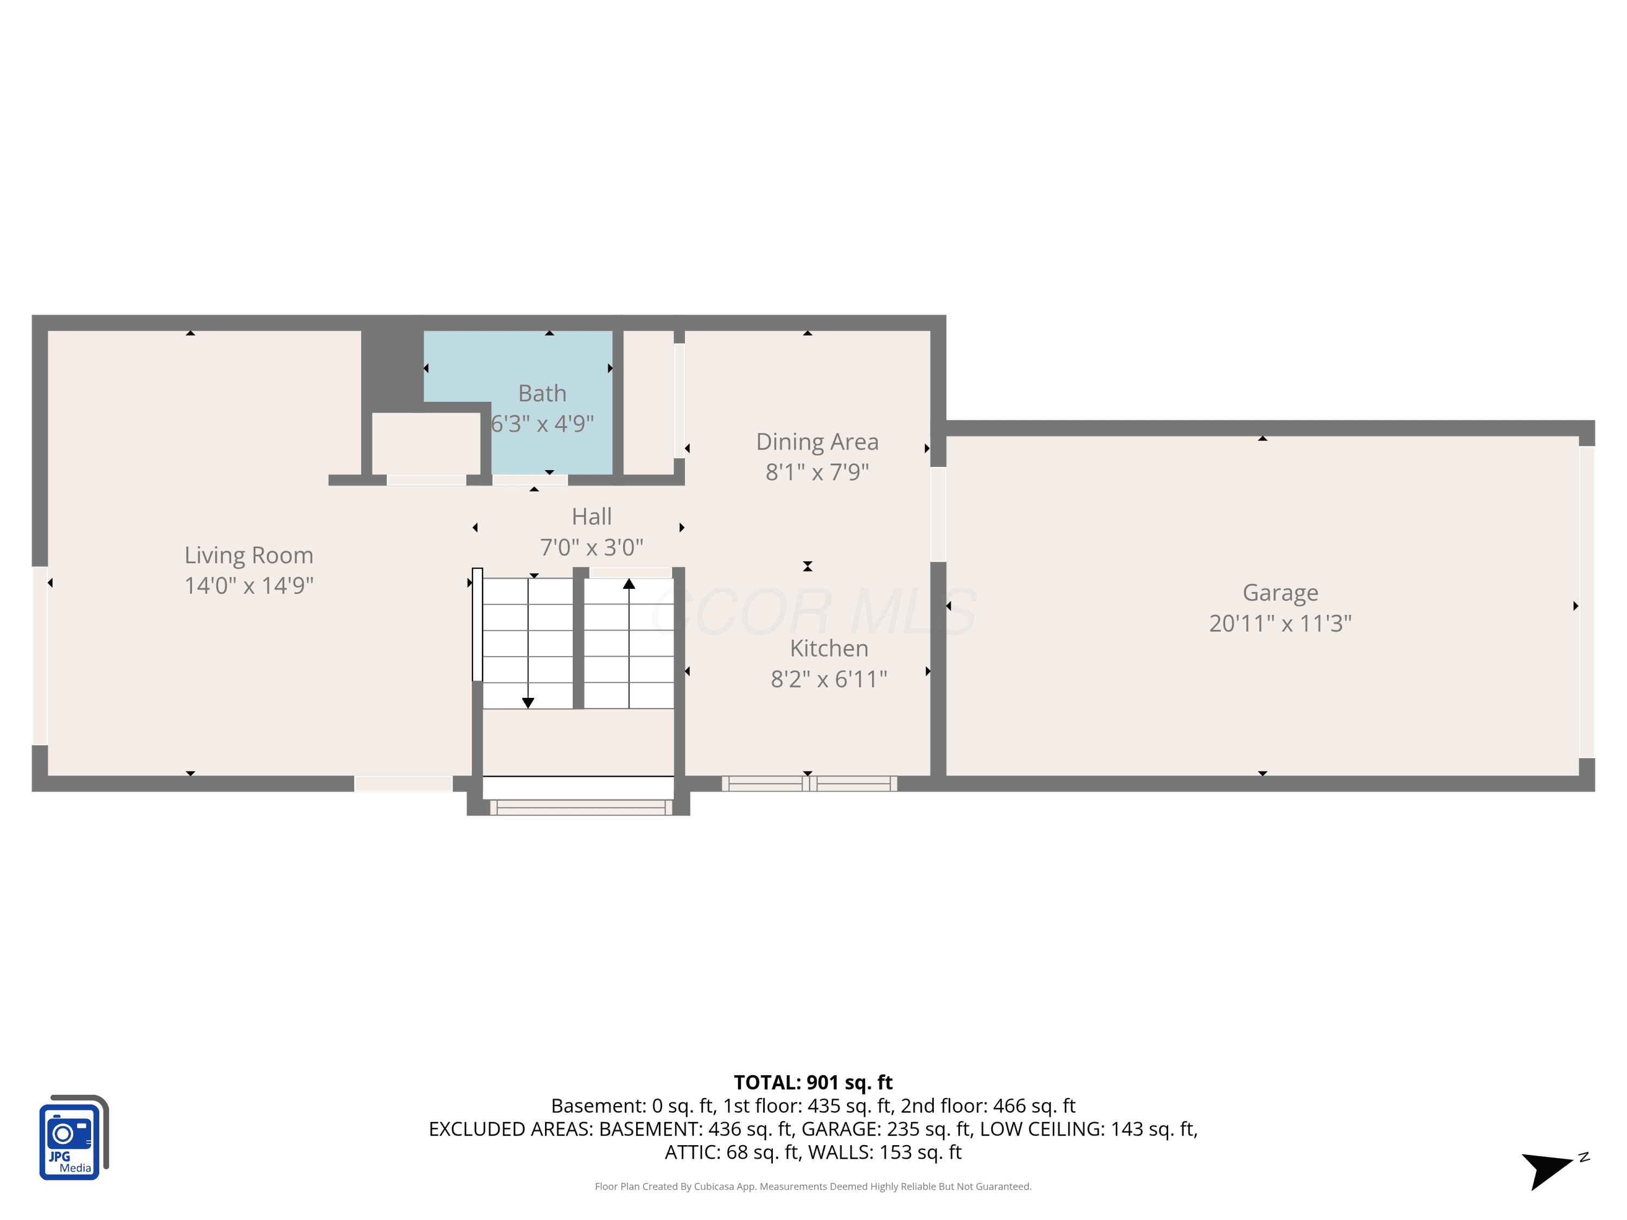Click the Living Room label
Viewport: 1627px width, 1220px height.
[x=248, y=555]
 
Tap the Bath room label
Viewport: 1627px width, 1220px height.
[x=542, y=394]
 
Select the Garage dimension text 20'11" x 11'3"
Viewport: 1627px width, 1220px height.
[x=1280, y=624]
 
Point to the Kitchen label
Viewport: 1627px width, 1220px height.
[x=829, y=648]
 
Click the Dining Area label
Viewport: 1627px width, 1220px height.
[x=817, y=442]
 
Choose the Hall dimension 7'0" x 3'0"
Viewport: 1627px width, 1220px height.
[x=591, y=547]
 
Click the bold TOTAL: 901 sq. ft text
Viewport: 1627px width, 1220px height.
[x=813, y=1082]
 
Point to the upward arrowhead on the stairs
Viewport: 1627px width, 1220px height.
[x=629, y=584]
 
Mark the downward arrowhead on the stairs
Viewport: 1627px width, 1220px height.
[x=528, y=703]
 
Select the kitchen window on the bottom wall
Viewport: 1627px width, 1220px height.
[x=809, y=784]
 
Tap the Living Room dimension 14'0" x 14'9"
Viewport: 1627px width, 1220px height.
[x=248, y=586]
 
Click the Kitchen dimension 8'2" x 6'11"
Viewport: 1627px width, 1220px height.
[x=829, y=679]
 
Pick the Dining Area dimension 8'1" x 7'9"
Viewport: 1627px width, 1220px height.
[x=817, y=472]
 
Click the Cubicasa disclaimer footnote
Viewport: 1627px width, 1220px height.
[x=813, y=1186]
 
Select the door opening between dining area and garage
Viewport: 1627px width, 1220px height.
[x=938, y=515]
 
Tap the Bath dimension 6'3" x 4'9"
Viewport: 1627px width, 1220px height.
[x=542, y=423]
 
